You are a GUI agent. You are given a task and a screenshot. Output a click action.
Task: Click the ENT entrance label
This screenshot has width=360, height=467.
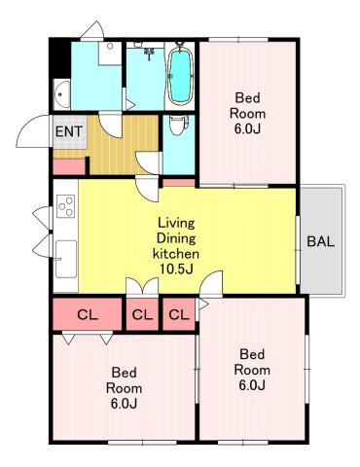coord(68,131)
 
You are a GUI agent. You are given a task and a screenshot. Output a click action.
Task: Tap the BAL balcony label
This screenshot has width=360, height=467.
coord(320,241)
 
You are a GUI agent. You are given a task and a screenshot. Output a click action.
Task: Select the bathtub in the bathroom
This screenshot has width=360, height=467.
coord(180,76)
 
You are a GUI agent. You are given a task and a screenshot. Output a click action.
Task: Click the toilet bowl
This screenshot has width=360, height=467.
coord(177,126)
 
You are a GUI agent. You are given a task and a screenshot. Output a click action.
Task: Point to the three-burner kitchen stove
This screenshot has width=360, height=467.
coord(65,206)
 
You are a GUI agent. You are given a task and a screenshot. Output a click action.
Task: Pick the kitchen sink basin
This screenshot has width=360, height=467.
coord(66,259)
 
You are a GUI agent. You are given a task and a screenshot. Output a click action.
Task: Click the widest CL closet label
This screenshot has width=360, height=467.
coord(88,315)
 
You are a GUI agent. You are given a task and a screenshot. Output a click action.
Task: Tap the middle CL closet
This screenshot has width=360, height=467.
coord(142,315)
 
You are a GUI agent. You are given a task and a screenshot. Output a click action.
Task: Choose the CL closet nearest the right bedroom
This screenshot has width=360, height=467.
coord(179,315)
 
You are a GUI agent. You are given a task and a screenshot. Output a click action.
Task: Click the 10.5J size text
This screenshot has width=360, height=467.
coord(176,269)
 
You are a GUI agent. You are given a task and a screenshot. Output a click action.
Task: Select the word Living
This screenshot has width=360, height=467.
coord(176,223)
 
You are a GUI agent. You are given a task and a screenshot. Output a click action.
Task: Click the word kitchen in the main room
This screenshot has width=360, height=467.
coord(176,254)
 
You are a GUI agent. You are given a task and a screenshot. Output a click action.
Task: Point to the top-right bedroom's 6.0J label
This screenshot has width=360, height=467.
coord(247,128)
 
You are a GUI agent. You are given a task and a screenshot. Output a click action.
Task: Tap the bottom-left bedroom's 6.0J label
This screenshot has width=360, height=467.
coord(124,404)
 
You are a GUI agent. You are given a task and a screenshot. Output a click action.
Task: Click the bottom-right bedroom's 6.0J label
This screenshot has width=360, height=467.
coord(252,385)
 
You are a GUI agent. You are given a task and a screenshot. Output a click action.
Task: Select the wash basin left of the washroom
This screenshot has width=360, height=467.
coord(61,94)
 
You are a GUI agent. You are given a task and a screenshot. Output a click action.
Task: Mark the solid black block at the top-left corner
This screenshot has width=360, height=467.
coord(59,58)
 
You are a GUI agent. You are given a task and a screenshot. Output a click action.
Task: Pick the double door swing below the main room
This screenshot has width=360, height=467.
coord(142,286)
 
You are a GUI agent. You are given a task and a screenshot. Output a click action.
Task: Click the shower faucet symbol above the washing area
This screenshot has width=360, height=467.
coord(150,54)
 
